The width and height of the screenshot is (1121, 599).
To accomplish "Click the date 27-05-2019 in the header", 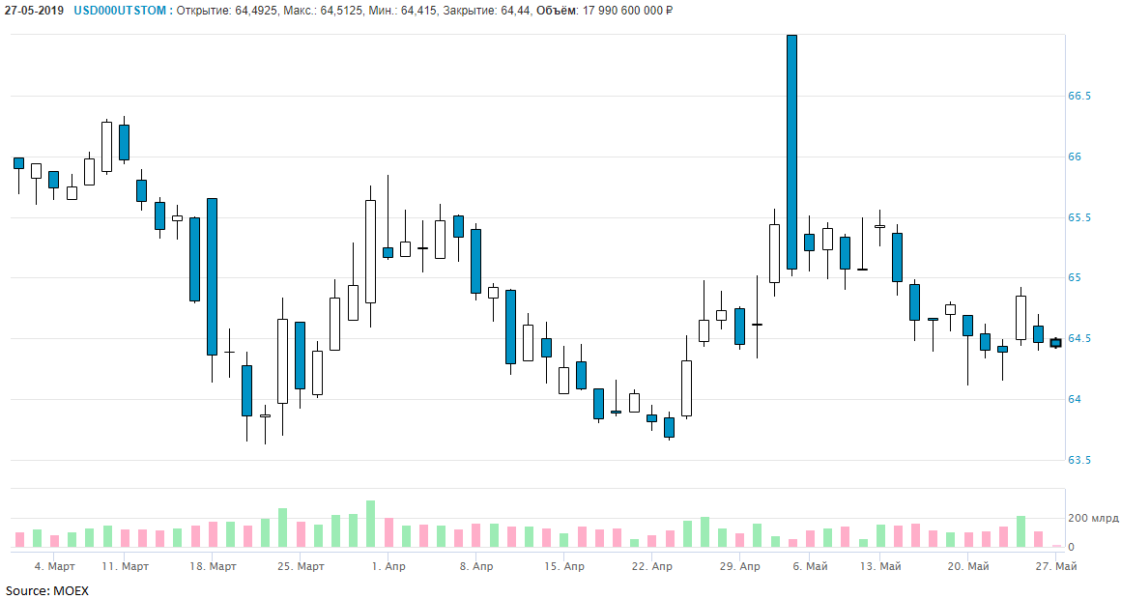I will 35,11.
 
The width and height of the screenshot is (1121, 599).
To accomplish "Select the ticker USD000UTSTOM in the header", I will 120,11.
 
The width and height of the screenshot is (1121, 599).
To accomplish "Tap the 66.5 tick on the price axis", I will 1079,97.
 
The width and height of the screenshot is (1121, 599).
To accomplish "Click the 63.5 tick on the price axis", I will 1079,460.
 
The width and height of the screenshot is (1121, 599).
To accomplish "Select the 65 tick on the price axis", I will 1075,278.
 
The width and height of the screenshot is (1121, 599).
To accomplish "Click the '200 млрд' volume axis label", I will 1093,519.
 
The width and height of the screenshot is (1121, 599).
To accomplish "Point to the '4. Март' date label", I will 54,566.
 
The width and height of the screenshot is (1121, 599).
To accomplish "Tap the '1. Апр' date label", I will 388,566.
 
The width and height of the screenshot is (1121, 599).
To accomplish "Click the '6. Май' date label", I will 810,566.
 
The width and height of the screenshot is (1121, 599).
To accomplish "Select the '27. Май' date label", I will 1056,566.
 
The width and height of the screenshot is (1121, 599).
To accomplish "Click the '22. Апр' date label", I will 651,566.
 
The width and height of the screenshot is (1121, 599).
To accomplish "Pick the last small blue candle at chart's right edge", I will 1056,342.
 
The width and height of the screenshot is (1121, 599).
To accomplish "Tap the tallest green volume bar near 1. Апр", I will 370,524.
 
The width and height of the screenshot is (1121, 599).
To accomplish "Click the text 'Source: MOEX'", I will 46,590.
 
